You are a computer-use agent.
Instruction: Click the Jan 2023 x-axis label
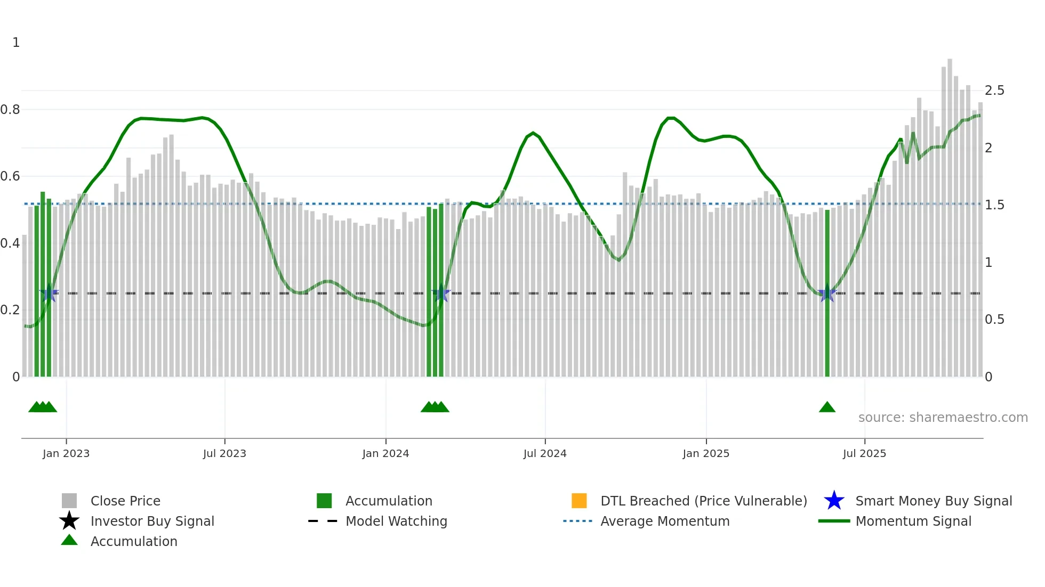(x=66, y=453)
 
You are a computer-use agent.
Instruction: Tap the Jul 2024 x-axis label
(x=545, y=453)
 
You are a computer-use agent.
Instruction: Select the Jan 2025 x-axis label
(x=706, y=453)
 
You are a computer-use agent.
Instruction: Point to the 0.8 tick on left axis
(x=10, y=110)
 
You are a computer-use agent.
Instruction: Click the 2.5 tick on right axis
(x=994, y=91)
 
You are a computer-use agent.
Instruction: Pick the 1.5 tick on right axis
(x=994, y=205)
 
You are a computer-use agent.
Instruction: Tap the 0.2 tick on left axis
(x=10, y=310)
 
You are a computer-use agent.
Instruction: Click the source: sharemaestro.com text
(x=943, y=418)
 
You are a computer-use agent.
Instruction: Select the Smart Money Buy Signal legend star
(x=834, y=501)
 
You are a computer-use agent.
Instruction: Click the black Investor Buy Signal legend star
(x=69, y=521)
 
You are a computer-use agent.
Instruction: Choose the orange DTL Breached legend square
(x=579, y=501)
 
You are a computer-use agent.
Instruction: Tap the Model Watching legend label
(x=396, y=521)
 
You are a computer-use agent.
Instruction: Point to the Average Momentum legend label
(x=665, y=521)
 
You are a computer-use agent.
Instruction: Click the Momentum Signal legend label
(x=913, y=521)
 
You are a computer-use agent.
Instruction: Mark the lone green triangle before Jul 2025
(x=827, y=407)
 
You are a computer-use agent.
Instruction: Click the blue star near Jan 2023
(x=49, y=293)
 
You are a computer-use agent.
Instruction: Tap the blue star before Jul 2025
(x=827, y=293)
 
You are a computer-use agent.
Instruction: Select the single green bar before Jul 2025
(x=827, y=293)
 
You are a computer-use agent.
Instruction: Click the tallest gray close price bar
(x=950, y=213)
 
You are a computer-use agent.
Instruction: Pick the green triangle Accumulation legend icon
(x=69, y=540)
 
